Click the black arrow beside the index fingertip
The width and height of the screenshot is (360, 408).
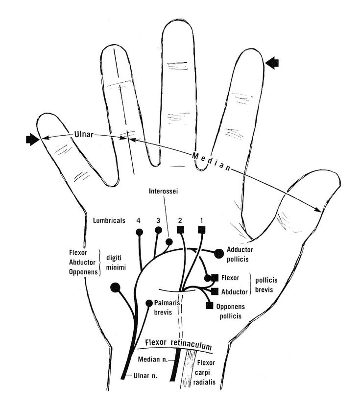272,62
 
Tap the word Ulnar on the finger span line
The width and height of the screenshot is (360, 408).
84,134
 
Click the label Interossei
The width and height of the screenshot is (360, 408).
163,192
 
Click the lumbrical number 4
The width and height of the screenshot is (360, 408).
140,220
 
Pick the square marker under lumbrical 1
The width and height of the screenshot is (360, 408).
201,229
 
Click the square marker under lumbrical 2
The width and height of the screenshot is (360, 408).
180,229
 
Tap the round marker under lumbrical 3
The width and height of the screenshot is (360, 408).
158,230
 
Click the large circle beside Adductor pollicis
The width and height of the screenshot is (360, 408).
218,253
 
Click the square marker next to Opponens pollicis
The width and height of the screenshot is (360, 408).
209,306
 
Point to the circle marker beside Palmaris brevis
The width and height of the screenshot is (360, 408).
149,303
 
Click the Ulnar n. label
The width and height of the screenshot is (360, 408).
145,376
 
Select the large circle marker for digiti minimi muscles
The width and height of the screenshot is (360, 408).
116,287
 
